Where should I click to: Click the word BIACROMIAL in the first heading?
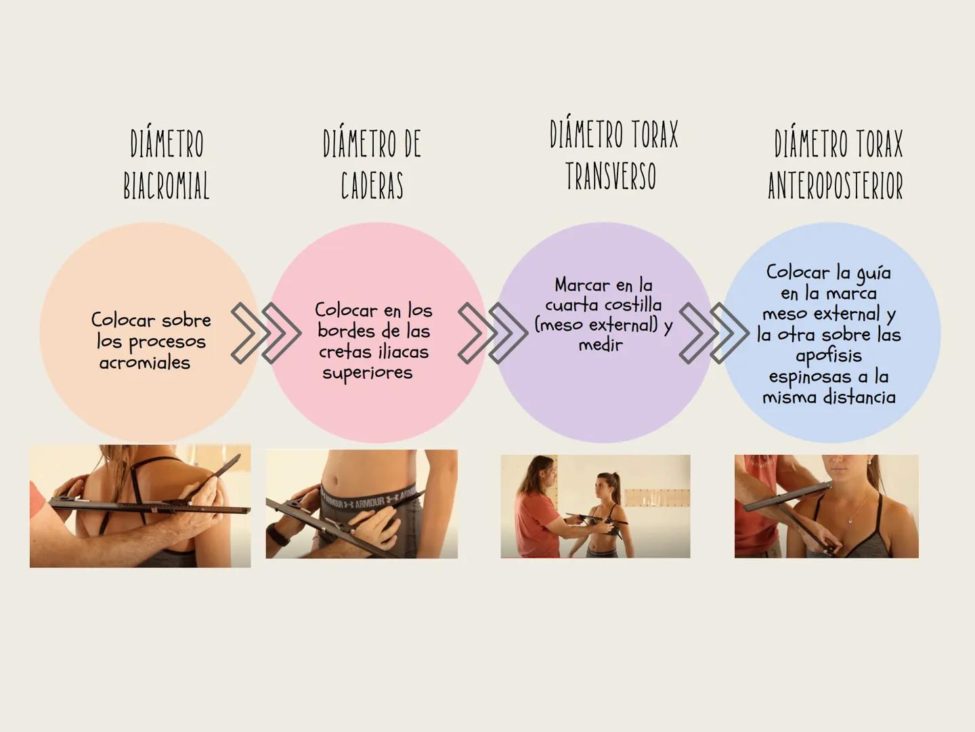pyautogui.click(x=166, y=185)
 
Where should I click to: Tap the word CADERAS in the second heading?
pyautogui.click(x=372, y=185)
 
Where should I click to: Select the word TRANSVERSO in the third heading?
pyautogui.click(x=611, y=176)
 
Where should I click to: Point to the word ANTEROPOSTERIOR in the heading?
pyautogui.click(x=836, y=185)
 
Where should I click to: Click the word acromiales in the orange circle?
pyautogui.click(x=145, y=363)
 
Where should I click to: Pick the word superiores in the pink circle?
pyautogui.click(x=368, y=373)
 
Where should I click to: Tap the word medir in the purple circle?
pyautogui.click(x=601, y=344)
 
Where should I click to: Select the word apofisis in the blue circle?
pyautogui.click(x=829, y=356)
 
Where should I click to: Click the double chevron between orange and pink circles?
pyautogui.click(x=266, y=333)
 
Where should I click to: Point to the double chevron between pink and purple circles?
pyautogui.click(x=493, y=333)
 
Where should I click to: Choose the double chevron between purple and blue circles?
pyautogui.click(x=714, y=333)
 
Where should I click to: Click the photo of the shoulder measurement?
pyautogui.click(x=140, y=506)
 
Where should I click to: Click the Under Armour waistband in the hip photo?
pyautogui.click(x=370, y=497)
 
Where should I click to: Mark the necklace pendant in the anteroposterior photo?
pyautogui.click(x=850, y=520)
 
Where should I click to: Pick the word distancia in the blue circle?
pyautogui.click(x=859, y=397)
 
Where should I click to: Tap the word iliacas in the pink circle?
pyautogui.click(x=404, y=352)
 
